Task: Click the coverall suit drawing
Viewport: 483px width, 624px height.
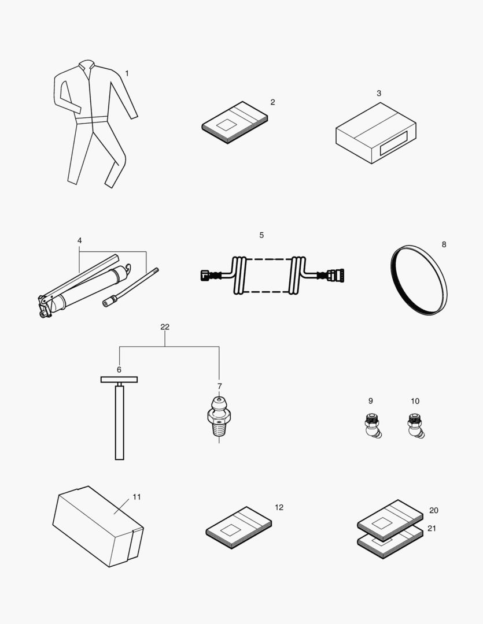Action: point(93,121)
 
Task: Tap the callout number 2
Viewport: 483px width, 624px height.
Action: point(272,102)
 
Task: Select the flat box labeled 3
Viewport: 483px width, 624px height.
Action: point(376,133)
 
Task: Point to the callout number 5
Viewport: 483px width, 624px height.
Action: point(261,235)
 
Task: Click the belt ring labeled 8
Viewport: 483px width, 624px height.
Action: point(420,280)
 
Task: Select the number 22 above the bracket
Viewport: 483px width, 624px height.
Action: point(165,327)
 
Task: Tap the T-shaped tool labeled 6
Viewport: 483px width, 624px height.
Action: point(119,416)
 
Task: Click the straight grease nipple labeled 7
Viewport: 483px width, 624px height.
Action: point(218,417)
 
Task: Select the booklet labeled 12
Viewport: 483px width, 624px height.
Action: point(239,529)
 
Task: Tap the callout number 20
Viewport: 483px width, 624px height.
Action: point(433,511)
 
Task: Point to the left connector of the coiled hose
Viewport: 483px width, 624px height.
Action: point(206,276)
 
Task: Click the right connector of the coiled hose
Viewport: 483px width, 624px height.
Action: point(336,276)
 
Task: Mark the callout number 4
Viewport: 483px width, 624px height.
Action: point(80,240)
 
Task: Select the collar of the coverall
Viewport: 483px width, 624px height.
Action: point(87,66)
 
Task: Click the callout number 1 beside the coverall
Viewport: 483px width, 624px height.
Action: point(127,73)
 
